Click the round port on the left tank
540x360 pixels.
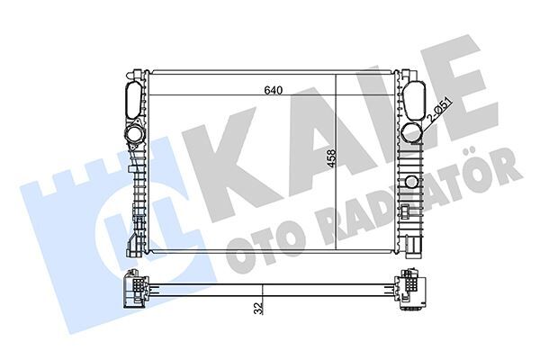[136, 134]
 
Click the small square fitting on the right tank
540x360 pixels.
[407, 213]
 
